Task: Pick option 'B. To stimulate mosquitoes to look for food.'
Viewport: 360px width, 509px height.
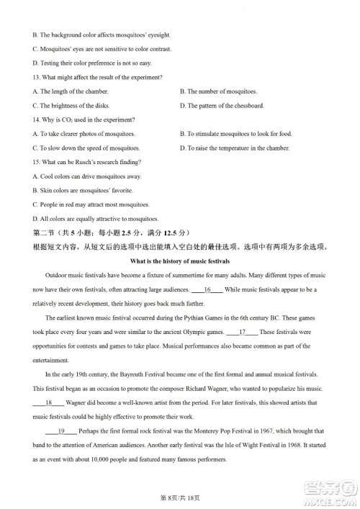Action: click(x=246, y=134)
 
